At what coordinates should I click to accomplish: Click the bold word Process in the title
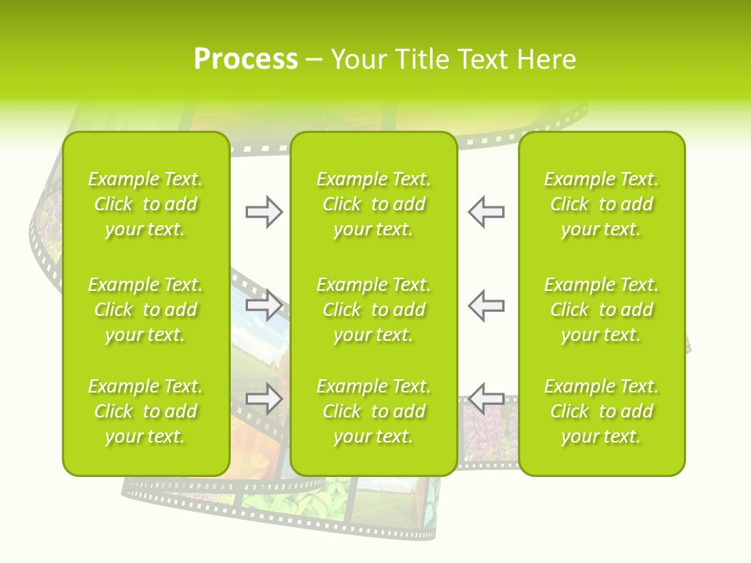tap(246, 59)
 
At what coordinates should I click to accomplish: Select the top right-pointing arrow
tap(264, 212)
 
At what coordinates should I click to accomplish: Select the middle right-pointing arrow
tap(264, 304)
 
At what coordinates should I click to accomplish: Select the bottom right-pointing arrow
tap(264, 398)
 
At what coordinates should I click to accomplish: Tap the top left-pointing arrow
tap(486, 212)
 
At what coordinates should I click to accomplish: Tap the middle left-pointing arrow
tap(486, 304)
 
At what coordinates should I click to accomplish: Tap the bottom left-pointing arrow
tap(486, 398)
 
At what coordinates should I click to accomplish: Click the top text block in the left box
tap(146, 204)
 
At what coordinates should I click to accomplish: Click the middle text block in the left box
tap(146, 310)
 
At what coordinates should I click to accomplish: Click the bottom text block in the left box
tap(146, 411)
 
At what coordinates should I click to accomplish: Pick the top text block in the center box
tap(373, 204)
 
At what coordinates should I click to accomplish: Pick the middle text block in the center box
tap(373, 310)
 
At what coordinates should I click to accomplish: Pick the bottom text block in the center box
tap(373, 411)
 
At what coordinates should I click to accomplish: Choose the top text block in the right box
tap(601, 204)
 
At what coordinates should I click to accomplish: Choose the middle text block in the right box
tap(601, 310)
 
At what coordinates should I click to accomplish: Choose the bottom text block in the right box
tap(601, 411)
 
